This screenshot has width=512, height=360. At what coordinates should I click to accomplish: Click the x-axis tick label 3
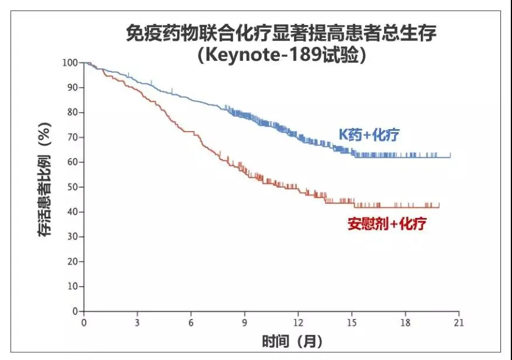(137, 323)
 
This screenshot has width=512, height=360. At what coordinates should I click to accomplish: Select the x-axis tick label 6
(191, 323)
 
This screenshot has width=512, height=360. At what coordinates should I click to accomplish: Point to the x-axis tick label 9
(245, 323)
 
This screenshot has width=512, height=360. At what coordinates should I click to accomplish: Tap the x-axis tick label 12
(299, 323)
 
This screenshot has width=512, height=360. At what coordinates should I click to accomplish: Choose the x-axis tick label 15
(352, 323)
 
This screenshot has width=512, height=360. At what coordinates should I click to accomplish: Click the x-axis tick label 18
(406, 323)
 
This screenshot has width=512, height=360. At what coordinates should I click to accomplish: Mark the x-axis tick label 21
(459, 323)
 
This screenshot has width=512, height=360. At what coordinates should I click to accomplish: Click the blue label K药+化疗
(369, 135)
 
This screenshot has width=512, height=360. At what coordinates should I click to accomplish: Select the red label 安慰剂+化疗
(387, 223)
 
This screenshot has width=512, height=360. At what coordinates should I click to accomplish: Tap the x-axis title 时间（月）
(292, 341)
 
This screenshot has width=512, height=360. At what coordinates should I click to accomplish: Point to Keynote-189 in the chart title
(265, 56)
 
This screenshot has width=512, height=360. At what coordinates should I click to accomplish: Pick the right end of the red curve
(439, 207)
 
